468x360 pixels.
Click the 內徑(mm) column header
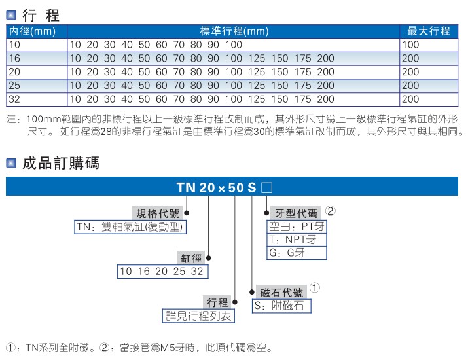pyautogui.click(x=31, y=31)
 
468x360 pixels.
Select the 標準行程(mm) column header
pyautogui.click(x=234, y=31)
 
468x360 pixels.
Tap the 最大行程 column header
pyautogui.click(x=429, y=31)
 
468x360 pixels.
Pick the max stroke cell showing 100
pyautogui.click(x=410, y=45)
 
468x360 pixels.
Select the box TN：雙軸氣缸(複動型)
pyautogui.click(x=131, y=227)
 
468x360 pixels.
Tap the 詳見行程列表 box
pyautogui.click(x=198, y=316)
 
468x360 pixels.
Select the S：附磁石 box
pyautogui.click(x=281, y=306)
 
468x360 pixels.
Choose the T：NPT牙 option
pyautogui.click(x=297, y=240)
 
